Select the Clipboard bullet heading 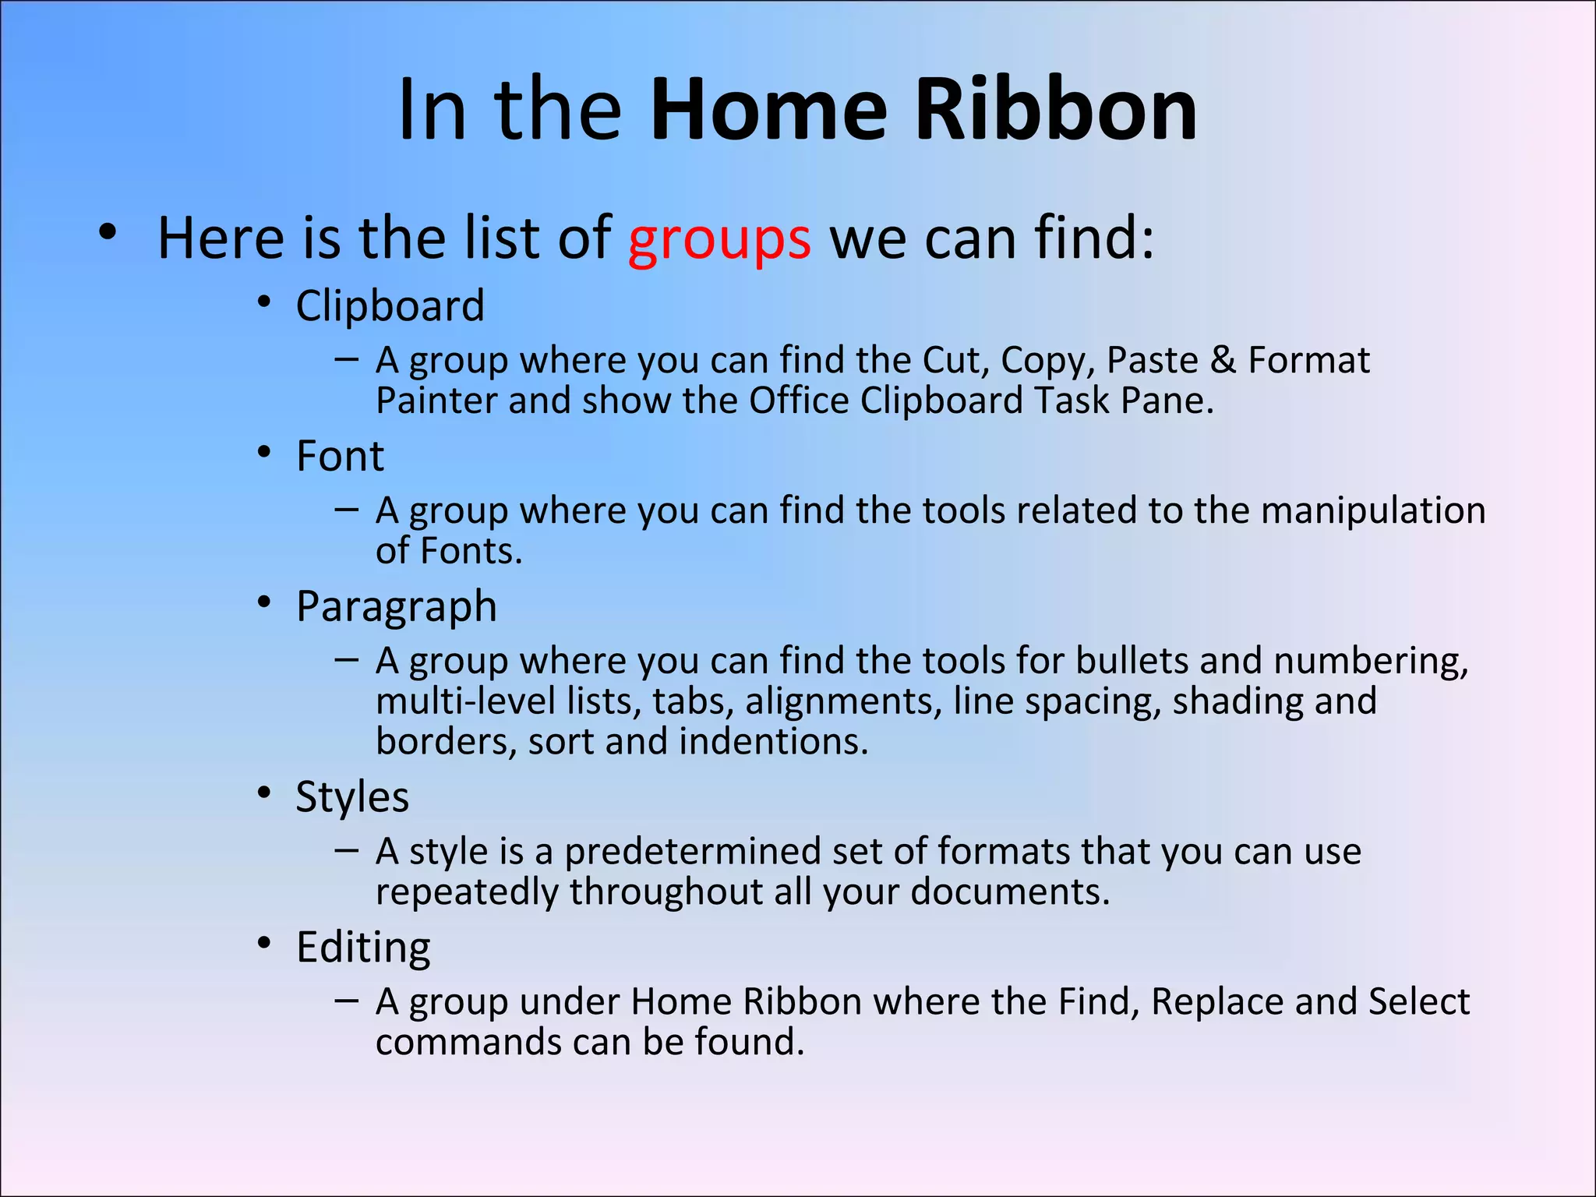point(390,305)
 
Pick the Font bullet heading point(340,456)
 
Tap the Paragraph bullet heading point(396,606)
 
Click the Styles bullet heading point(352,796)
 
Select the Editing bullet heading point(363,947)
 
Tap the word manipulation point(1373,510)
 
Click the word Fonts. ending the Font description point(471,551)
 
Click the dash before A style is point(346,849)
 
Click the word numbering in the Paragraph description point(1370,661)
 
